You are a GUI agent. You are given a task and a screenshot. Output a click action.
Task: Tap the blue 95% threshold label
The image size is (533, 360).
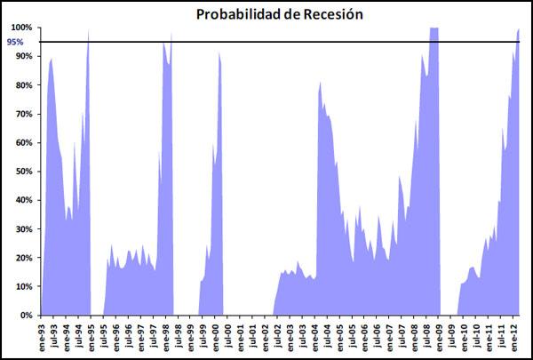coord(16,42)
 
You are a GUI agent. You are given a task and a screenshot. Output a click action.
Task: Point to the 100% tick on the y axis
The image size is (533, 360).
coord(21,28)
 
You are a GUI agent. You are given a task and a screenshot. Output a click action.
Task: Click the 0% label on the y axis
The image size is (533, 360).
coord(27,316)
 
